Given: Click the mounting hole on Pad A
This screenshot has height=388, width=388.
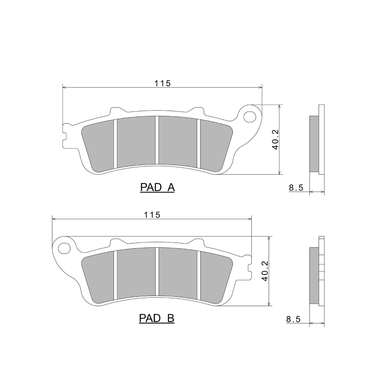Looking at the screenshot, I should click(x=251, y=116).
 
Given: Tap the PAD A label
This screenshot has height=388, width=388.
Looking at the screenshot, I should click(x=157, y=188).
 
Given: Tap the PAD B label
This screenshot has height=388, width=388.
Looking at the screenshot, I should click(x=157, y=318).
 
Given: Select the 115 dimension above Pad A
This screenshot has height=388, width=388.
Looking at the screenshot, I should click(x=162, y=83).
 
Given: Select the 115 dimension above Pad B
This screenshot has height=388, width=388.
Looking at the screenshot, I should click(x=152, y=214).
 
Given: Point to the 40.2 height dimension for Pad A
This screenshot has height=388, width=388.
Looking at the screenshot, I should click(x=275, y=140).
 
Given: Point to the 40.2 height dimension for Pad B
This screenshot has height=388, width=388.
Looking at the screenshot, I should click(x=265, y=271).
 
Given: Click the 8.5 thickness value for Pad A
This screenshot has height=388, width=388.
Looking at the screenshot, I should click(x=296, y=188).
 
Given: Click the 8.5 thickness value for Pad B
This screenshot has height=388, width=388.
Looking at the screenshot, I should click(x=294, y=319).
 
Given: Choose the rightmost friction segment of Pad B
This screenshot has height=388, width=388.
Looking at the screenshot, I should click(x=215, y=276).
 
